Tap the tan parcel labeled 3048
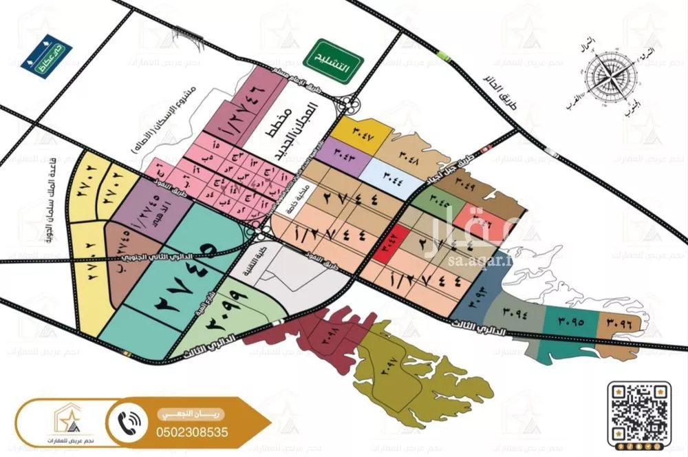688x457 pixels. (x=413, y=146)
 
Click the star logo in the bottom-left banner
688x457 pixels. (x=61, y=415)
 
